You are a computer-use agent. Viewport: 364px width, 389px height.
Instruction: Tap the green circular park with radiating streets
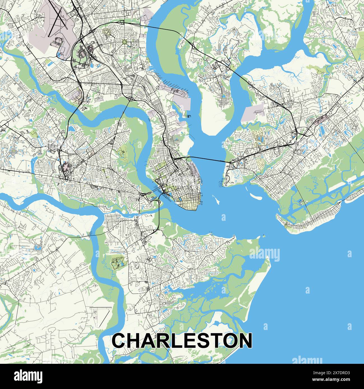click(124, 42)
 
